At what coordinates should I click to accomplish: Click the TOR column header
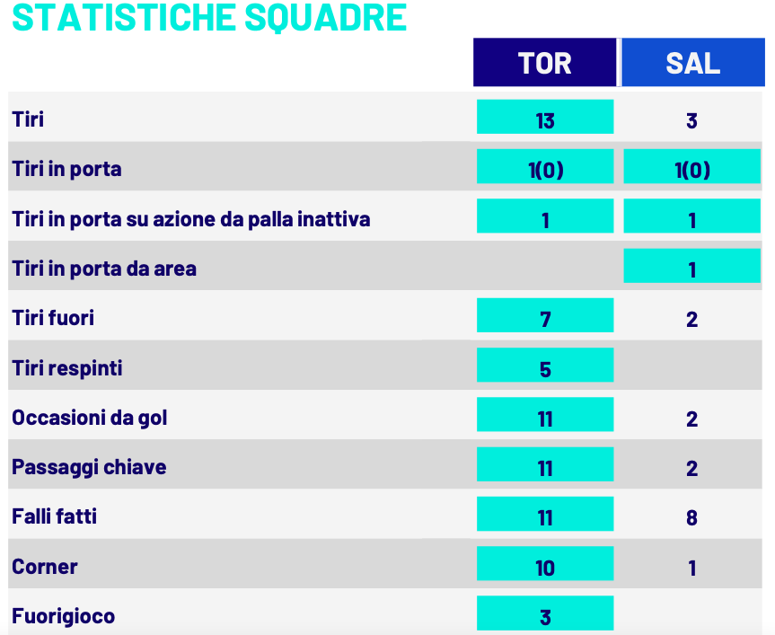545,63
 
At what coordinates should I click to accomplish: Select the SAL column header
692,63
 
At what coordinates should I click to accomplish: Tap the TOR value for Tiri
545,119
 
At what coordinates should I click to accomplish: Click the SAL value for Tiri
691,120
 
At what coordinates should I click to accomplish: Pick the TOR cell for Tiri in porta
545,169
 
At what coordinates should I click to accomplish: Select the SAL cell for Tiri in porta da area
691,269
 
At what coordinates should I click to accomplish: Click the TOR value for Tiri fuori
545,319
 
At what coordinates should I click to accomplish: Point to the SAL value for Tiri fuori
691,319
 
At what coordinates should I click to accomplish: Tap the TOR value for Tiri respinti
545,368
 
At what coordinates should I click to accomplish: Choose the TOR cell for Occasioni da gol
545,418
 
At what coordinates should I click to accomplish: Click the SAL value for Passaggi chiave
691,468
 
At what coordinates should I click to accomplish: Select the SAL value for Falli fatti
691,517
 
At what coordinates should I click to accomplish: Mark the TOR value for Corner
545,567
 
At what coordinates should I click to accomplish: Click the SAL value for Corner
691,568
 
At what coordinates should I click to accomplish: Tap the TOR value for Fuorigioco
545,616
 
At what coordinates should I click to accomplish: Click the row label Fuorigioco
64,616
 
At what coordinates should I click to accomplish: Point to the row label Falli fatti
55,516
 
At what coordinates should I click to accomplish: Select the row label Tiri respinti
67,368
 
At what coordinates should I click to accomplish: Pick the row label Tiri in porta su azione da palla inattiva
191,219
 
